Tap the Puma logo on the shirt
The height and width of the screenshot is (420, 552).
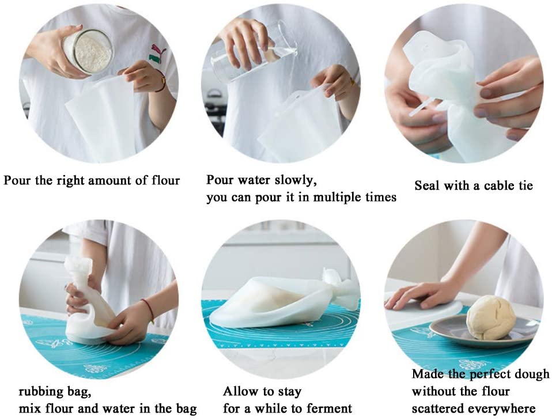[156, 54]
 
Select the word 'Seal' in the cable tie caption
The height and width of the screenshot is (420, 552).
[426, 186]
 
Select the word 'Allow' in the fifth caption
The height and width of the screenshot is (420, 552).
[240, 392]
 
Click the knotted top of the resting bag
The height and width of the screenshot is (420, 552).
[340, 288]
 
